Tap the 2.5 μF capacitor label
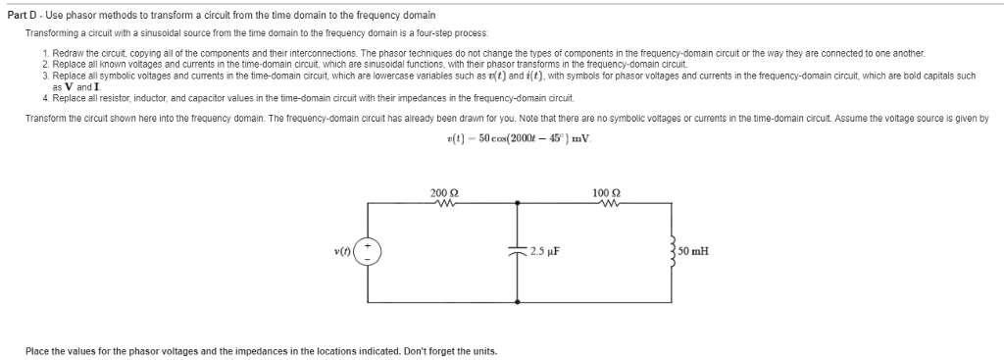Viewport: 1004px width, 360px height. tap(544, 250)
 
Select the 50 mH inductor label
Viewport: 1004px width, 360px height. tap(693, 250)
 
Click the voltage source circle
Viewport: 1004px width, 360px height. tap(368, 251)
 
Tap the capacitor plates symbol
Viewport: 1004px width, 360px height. tap(517, 251)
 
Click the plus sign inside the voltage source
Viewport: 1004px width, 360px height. tap(368, 244)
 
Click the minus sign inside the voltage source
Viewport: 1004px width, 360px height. tap(368, 258)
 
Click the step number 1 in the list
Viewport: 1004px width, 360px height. tap(46, 50)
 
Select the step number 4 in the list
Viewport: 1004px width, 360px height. tap(46, 99)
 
